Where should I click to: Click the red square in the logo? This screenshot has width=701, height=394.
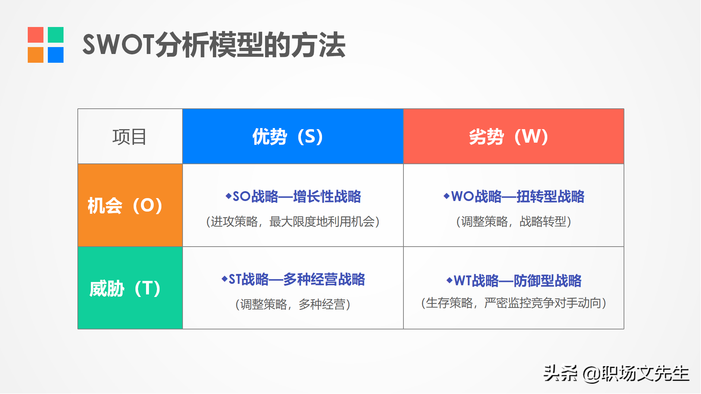tap(35, 35)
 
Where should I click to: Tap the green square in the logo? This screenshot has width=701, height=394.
tap(55, 35)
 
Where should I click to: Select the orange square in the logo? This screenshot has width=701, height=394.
tap(35, 55)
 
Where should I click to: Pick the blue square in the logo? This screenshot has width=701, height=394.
tap(55, 55)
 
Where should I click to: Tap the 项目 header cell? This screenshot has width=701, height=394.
tap(130, 136)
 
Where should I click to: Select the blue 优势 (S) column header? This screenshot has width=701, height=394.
tap(293, 136)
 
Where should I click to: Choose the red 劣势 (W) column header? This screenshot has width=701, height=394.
tap(514, 136)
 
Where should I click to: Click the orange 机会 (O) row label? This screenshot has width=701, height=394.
tap(130, 205)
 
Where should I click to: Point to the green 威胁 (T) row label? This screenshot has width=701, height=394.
tap(130, 288)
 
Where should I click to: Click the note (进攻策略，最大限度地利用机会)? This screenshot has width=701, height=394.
tap(293, 221)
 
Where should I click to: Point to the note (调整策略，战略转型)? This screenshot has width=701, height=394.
tap(514, 221)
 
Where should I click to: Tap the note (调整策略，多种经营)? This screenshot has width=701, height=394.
tap(293, 304)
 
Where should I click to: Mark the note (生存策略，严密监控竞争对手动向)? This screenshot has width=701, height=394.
tap(514, 303)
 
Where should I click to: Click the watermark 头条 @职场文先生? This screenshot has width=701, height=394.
tap(616, 374)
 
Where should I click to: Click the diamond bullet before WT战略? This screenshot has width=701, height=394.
tap(449, 280)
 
